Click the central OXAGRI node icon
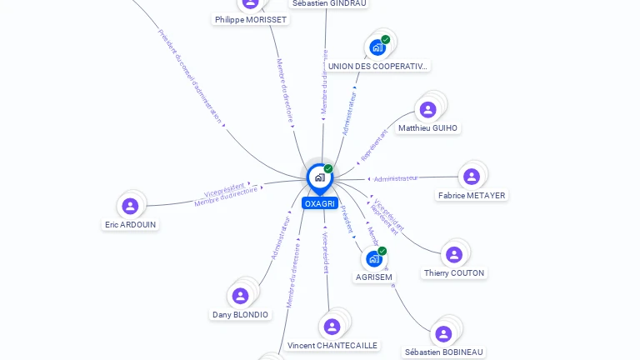[x=319, y=177]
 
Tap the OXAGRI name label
[x=320, y=203]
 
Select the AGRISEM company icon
[x=373, y=259]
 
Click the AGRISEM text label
[x=374, y=277]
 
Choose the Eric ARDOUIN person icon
[x=130, y=206]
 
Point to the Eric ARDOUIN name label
[x=131, y=224]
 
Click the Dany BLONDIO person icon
[x=240, y=296]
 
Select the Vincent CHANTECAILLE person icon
[x=332, y=327]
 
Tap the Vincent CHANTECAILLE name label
[x=332, y=345]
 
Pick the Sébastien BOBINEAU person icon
[x=443, y=334]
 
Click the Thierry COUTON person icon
[x=454, y=254]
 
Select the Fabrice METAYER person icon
[x=472, y=177]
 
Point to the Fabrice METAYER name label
[x=472, y=195]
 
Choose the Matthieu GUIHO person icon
[x=428, y=109]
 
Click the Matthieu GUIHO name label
[x=428, y=128]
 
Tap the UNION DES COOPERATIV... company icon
[x=377, y=47]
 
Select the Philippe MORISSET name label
[x=251, y=19]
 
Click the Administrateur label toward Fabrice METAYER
[x=396, y=178]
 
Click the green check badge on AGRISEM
[x=382, y=251]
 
